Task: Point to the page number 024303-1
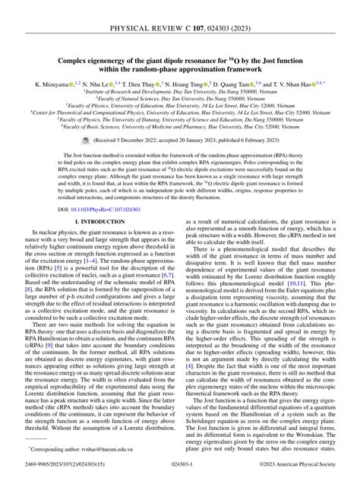click(x=180, y=475)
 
